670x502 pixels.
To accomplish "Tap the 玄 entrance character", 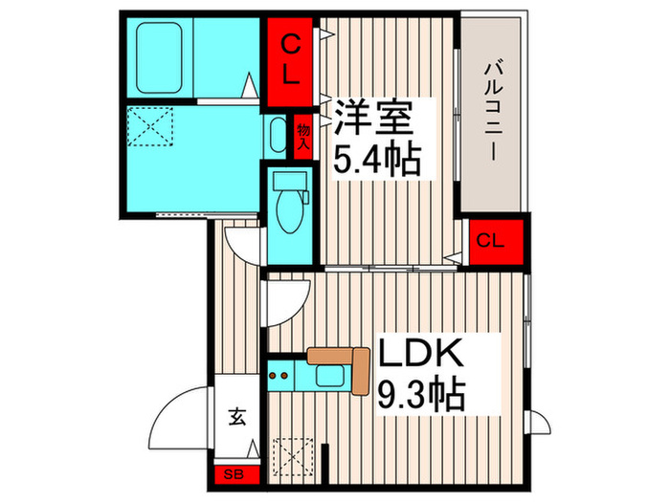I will point(235,415).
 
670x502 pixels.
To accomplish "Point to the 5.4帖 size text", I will point(376,159).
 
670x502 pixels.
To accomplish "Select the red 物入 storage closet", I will point(303,135).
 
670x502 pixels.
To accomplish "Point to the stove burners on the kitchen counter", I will point(282,376).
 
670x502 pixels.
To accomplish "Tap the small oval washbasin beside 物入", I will point(278,137).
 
